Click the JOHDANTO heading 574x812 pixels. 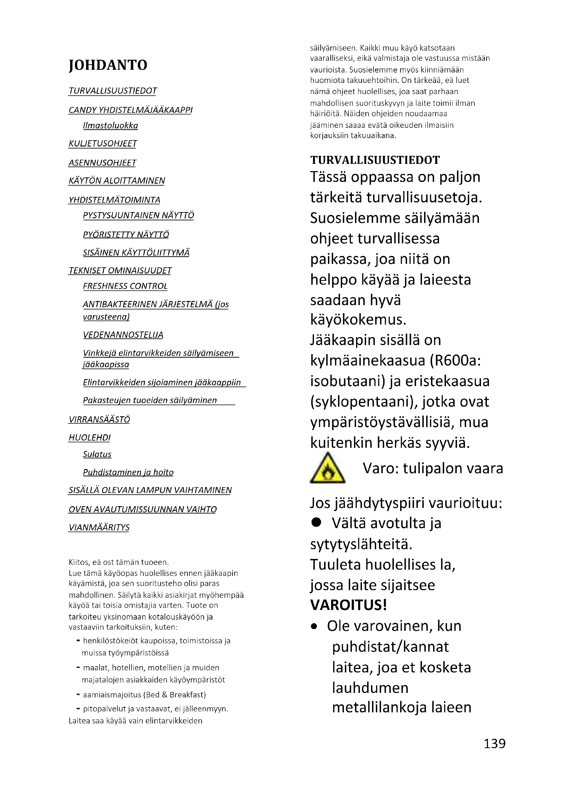108,65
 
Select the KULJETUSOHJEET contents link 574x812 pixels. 102,144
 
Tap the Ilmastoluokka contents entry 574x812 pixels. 110,126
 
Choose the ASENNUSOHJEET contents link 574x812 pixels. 102,163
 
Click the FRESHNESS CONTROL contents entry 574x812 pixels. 125,286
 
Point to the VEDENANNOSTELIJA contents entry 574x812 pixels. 123,335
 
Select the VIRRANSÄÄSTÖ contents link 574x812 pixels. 99,419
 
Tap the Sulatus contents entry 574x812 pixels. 97,454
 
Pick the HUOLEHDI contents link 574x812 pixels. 90,437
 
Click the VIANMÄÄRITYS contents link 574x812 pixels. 99,527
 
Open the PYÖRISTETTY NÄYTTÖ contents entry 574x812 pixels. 126,234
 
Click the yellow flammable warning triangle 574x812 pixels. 327,469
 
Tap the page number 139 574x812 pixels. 494,744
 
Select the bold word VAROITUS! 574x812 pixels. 348,605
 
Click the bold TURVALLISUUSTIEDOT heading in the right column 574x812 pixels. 375,160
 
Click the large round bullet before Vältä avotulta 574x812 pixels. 316,522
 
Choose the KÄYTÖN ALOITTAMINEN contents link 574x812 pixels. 117,181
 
